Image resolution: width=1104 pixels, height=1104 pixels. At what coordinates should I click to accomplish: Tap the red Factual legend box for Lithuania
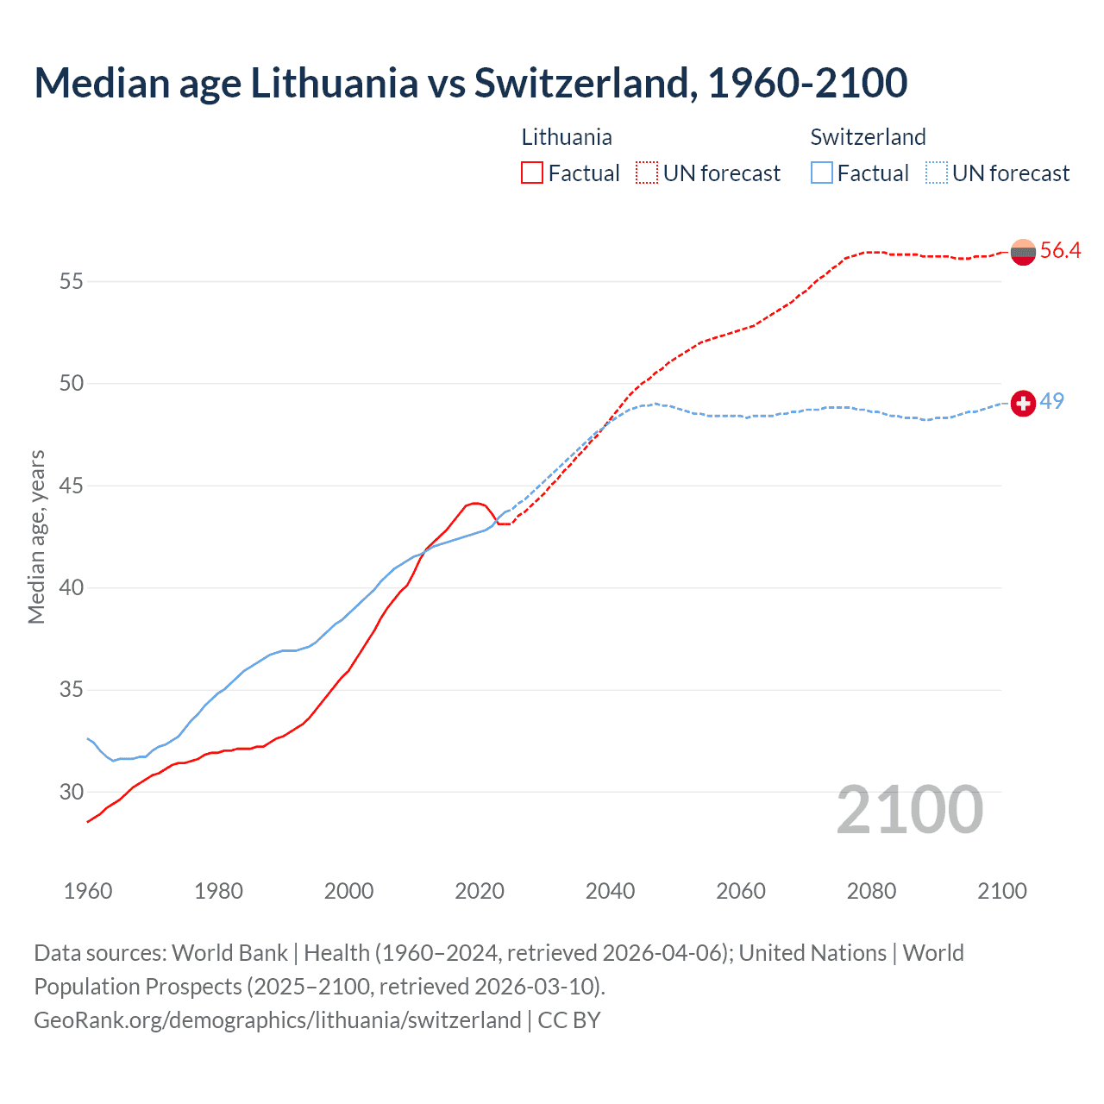pos(532,173)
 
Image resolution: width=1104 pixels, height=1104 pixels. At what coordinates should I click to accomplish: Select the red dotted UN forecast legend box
pos(647,173)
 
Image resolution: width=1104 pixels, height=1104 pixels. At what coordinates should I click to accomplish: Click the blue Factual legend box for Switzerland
pos(822,173)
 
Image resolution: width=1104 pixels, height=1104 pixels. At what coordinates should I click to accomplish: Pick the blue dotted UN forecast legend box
pos(937,173)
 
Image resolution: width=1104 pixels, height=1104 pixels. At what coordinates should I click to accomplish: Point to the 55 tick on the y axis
pos(72,281)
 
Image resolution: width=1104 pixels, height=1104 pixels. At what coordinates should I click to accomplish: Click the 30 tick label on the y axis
pos(72,792)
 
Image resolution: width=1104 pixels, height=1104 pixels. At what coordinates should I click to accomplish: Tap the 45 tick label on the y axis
pos(72,486)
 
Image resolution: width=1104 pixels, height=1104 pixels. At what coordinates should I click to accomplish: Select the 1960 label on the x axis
pos(88,891)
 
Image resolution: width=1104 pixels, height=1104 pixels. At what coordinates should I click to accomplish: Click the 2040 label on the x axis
pos(610,891)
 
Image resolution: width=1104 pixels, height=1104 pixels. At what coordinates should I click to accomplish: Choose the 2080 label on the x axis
pos(871,891)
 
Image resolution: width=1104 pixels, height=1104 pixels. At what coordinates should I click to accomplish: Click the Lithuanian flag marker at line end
pos(1023,252)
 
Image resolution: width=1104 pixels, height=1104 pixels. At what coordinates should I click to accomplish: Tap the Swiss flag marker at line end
pos(1023,403)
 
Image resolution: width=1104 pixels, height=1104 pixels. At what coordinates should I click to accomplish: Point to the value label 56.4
pos(1060,251)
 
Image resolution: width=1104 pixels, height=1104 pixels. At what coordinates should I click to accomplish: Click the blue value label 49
pos(1051,401)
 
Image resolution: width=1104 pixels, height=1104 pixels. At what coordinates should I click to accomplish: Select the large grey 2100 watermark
pos(910,810)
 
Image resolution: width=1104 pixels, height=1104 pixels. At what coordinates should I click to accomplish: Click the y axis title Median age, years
pos(36,536)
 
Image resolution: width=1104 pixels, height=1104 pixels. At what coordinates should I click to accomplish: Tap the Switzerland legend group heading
pos(868,137)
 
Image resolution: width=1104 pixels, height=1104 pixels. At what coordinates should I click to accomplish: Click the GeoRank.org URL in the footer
pos(277,1020)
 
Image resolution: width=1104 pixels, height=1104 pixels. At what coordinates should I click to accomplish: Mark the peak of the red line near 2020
pos(474,503)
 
